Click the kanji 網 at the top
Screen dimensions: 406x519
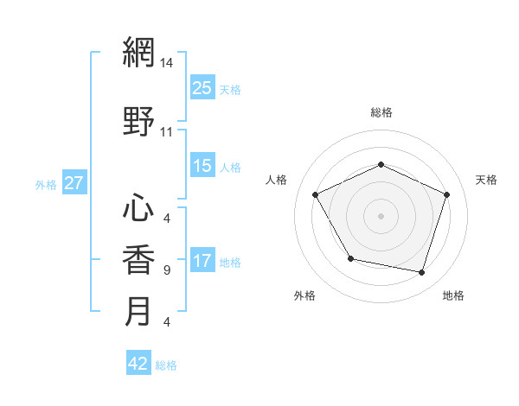pyautogui.click(x=138, y=54)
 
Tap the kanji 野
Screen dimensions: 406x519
pyautogui.click(x=138, y=121)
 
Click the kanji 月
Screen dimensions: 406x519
pyautogui.click(x=138, y=311)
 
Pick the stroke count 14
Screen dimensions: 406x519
pyautogui.click(x=166, y=63)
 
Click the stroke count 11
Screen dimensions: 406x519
pyautogui.click(x=166, y=132)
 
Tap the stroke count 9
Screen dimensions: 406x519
pyautogui.click(x=166, y=270)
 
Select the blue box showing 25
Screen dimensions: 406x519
pyautogui.click(x=202, y=87)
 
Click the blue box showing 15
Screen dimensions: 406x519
pyautogui.click(x=202, y=166)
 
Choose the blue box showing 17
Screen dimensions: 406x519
pyautogui.click(x=202, y=261)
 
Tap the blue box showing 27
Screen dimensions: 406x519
pyautogui.click(x=74, y=183)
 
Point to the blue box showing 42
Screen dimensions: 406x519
pyautogui.click(x=138, y=364)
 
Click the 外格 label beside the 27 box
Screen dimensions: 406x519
pyautogui.click(x=46, y=184)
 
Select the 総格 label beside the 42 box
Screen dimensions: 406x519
pyautogui.click(x=166, y=365)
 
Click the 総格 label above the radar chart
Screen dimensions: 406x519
pyautogui.click(x=381, y=112)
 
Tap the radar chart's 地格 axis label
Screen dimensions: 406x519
pyautogui.click(x=453, y=296)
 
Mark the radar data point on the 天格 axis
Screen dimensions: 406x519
pyautogui.click(x=447, y=194)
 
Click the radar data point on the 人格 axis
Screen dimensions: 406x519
pyautogui.click(x=316, y=194)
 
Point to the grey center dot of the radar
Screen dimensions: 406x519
pyautogui.click(x=381, y=215)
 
